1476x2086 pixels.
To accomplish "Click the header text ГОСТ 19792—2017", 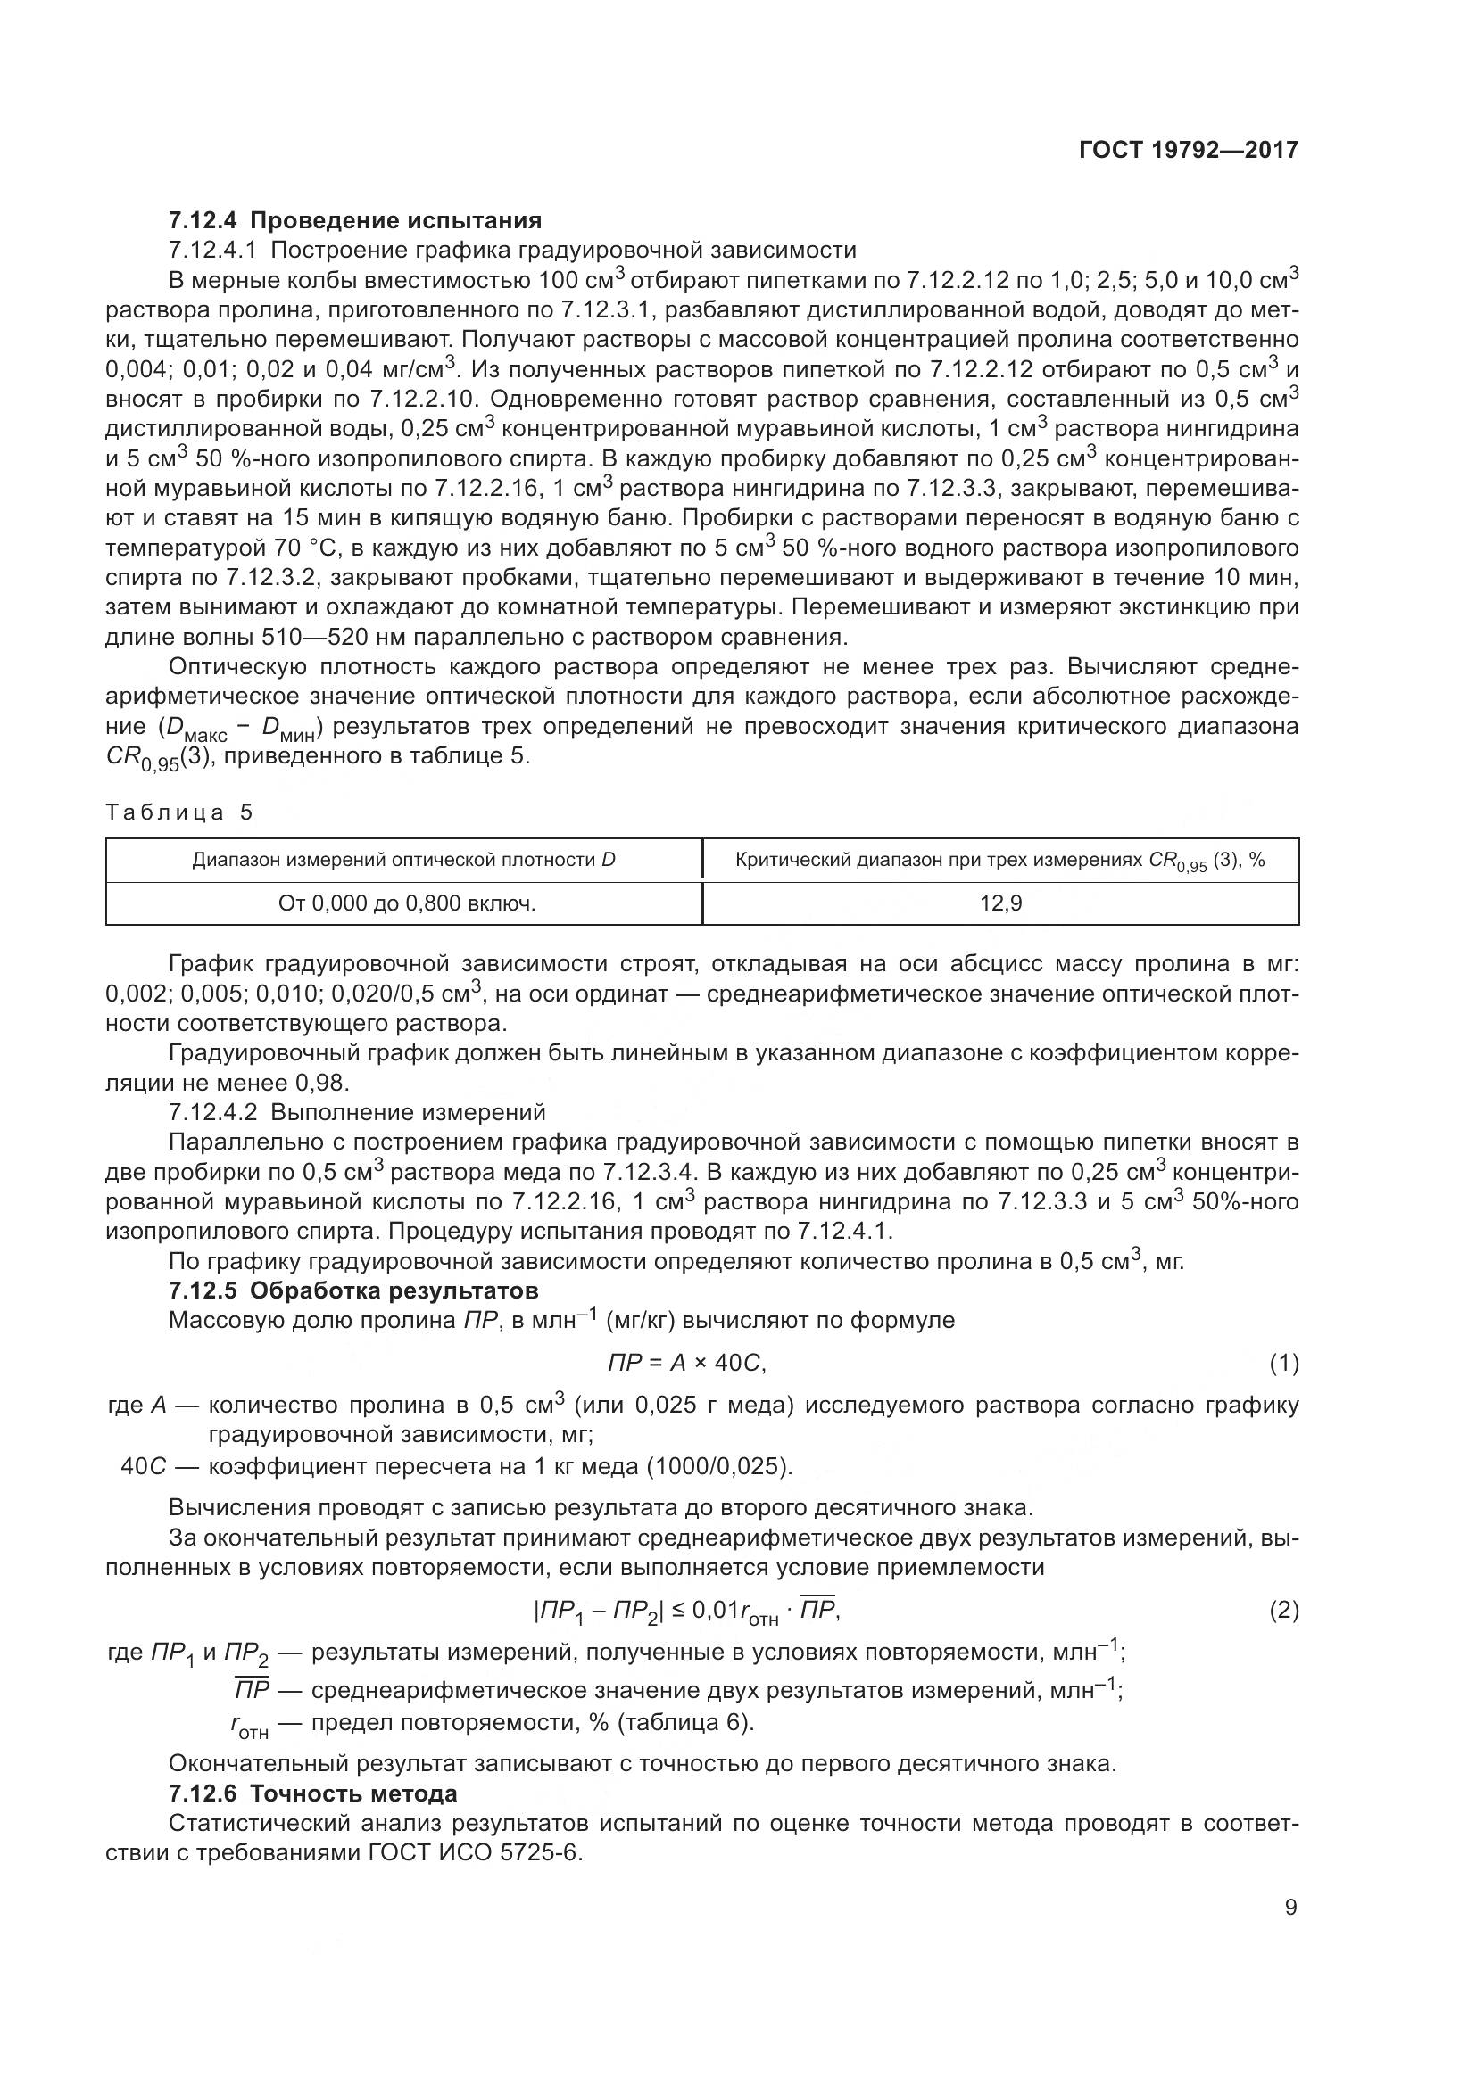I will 1188,150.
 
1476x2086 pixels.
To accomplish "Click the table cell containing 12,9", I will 999,903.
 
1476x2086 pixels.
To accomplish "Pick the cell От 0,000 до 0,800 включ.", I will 404,903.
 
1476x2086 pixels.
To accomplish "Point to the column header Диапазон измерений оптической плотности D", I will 404,860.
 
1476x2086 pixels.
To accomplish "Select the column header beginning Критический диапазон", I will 999,860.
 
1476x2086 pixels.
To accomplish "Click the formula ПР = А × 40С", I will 687,1363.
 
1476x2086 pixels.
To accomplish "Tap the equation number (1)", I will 1283,1363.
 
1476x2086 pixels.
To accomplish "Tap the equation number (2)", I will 1283,1611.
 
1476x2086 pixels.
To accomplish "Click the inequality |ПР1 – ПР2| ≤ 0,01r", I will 687,1611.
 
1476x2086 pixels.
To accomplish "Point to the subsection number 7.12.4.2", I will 215,1112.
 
